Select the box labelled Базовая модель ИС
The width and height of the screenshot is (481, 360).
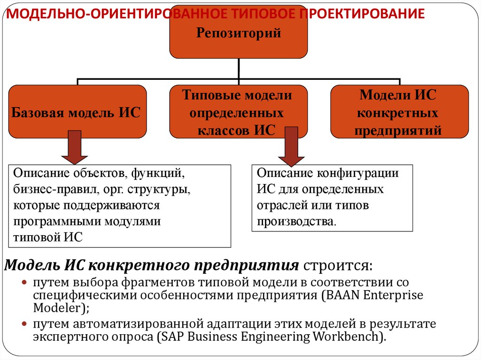[78, 112]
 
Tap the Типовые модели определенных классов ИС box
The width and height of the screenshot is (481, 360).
[238, 112]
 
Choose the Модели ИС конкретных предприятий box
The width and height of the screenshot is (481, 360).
[399, 112]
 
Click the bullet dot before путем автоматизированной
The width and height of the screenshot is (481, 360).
[24, 324]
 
